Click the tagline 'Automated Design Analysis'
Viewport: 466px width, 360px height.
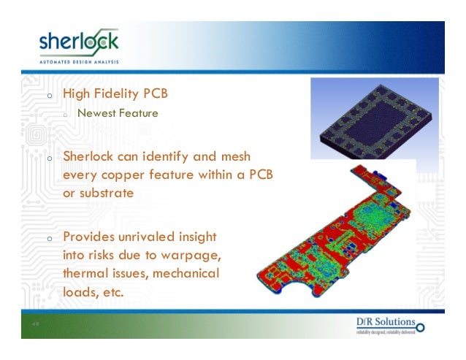78,63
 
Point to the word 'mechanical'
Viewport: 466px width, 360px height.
186,275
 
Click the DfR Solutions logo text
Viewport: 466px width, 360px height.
386,323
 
